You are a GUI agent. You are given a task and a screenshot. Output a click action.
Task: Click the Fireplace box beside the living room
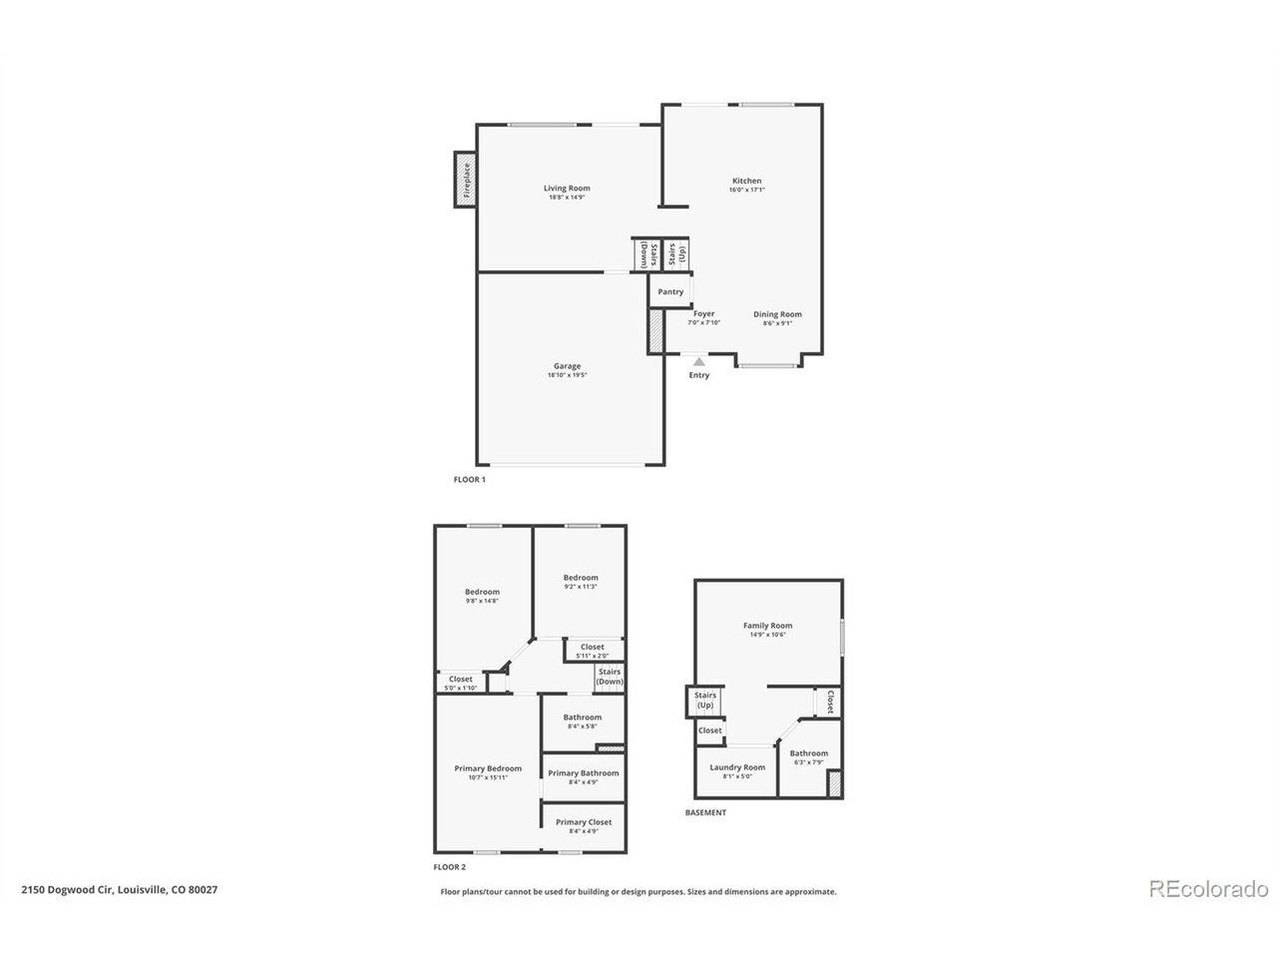[464, 180]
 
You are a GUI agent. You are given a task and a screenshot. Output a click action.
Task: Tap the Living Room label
[567, 189]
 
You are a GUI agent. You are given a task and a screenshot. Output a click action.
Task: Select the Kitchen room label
[746, 182]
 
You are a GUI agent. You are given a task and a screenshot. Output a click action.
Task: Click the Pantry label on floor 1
[670, 292]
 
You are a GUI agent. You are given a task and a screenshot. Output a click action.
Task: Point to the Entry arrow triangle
[699, 361]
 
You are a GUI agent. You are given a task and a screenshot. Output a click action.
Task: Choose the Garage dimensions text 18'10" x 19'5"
[567, 376]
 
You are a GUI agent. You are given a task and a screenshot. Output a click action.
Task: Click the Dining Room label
[777, 314]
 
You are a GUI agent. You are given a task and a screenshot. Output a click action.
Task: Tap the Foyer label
[704, 314]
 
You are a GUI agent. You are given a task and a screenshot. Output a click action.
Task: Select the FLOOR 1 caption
[469, 480]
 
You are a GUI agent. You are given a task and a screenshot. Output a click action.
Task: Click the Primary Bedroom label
[488, 768]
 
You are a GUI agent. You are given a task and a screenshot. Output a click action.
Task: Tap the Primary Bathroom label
[584, 773]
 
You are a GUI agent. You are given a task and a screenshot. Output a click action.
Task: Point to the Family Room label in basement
[768, 627]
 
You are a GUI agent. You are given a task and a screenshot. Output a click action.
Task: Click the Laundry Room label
[737, 768]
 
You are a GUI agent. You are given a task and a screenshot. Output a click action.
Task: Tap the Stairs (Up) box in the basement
[704, 701]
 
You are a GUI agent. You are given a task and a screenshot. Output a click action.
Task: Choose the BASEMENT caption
[705, 813]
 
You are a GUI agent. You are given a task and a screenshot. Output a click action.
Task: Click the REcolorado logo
[1208, 887]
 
